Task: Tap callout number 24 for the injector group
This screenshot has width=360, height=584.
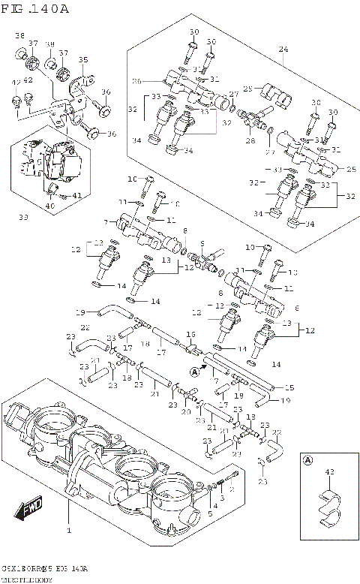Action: click(x=283, y=50)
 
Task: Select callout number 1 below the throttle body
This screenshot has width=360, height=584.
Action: click(x=68, y=531)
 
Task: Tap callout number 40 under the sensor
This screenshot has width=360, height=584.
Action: click(x=49, y=205)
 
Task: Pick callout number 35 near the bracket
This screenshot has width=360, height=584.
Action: click(x=82, y=59)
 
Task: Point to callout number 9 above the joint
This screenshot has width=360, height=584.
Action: click(x=201, y=244)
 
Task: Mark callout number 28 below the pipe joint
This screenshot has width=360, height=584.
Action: click(x=250, y=140)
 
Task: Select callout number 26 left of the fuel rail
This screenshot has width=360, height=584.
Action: click(x=136, y=81)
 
